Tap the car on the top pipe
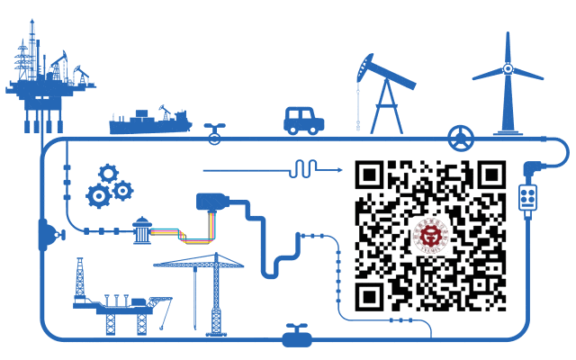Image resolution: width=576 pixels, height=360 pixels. click(303, 121)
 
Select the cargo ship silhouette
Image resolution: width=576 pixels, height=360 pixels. click(149, 121)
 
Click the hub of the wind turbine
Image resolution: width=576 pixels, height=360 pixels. click(508, 67)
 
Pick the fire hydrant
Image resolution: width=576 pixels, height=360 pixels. click(140, 230)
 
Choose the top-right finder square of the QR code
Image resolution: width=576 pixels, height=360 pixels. click(490, 176)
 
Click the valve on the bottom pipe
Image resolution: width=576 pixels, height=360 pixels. click(295, 337)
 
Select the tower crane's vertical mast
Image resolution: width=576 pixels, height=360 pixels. click(215, 301)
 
